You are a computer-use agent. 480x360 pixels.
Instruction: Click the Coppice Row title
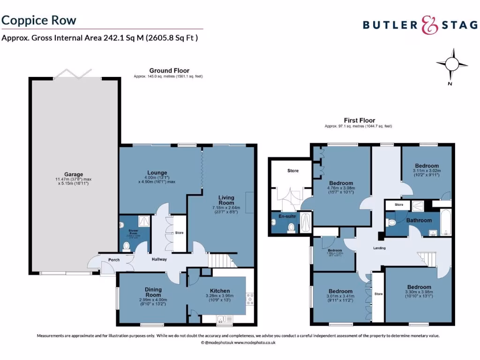[x=39, y=20]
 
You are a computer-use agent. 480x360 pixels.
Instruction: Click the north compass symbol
[x=451, y=64]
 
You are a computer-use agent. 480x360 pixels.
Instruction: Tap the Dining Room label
[x=153, y=292]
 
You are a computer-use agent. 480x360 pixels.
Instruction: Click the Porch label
[x=114, y=260]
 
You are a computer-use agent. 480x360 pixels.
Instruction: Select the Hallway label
[x=158, y=259]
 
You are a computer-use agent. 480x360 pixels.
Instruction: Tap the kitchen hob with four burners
[x=250, y=299]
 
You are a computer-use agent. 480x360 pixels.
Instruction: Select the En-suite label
[x=287, y=217]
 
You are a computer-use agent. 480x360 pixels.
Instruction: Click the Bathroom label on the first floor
[x=419, y=220]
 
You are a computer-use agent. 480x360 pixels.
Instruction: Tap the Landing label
[x=379, y=248]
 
